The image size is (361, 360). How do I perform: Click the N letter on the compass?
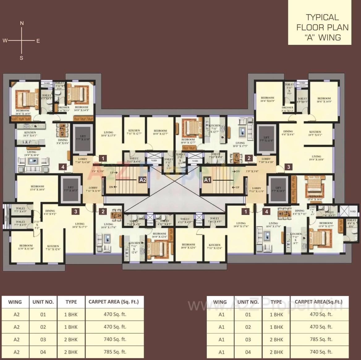tap(22, 23)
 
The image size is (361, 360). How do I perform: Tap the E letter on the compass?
tap(38, 41)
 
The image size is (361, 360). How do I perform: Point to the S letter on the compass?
tap(21, 58)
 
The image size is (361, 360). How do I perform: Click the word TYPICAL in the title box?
tap(322, 17)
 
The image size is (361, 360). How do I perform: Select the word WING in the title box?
tap(329, 37)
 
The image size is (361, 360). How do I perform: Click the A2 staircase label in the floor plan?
tap(142, 180)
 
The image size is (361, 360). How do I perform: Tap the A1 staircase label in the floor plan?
tap(207, 180)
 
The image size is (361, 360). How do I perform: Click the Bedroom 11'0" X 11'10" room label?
tap(26, 247)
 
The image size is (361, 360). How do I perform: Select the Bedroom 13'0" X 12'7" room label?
tap(326, 225)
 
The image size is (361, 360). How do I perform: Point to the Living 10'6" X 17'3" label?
tap(80, 225)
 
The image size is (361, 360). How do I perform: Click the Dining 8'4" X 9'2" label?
tap(50, 212)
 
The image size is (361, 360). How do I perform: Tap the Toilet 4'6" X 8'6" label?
tap(351, 223)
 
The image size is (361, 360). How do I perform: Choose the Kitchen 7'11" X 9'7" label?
tap(295, 238)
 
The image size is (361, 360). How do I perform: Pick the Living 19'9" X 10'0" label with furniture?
tap(32, 153)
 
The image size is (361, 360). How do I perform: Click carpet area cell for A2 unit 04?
tap(115, 352)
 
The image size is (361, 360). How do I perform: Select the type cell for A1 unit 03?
tap(276, 339)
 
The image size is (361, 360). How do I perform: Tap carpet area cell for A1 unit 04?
tap(321, 352)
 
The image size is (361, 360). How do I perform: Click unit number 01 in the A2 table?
tap(43, 315)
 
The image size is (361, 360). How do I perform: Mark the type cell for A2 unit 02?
tap(71, 327)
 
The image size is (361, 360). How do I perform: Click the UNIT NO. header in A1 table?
tap(248, 302)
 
